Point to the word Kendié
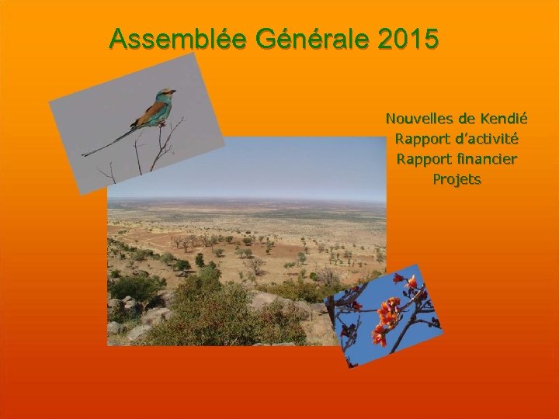coord(504,119)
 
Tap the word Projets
coord(457,180)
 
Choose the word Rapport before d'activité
coord(424,140)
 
